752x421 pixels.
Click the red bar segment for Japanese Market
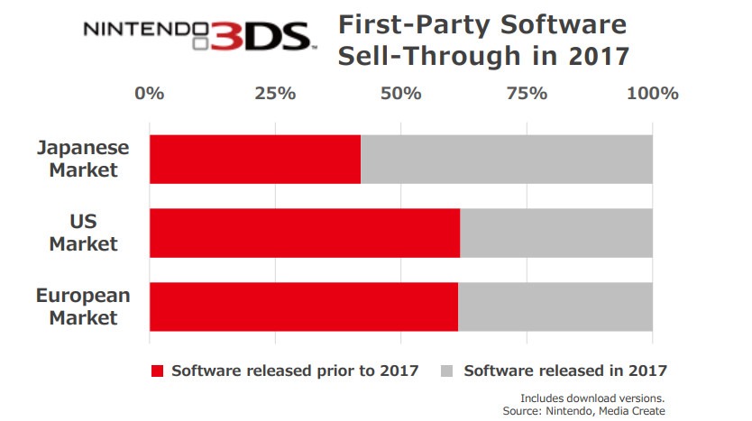coord(255,160)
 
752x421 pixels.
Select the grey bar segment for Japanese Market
coord(507,160)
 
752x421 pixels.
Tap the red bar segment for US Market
coord(305,233)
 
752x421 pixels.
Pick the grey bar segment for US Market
coord(556,233)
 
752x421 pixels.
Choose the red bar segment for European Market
coord(304,307)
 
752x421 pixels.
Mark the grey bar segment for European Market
coord(555,307)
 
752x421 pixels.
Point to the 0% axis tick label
coord(150,93)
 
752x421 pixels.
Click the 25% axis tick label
coord(275,93)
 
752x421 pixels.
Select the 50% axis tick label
coord(401,93)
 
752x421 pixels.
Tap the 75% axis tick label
coord(527,93)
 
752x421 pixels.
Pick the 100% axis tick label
coord(652,93)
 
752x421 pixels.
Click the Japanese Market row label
coord(84,159)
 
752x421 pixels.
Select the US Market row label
coord(84,233)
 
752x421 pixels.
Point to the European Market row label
coord(83,307)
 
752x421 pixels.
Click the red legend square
coord(159,371)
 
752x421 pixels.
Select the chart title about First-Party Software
coord(482,41)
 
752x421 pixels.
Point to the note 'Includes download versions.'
coord(592,398)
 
